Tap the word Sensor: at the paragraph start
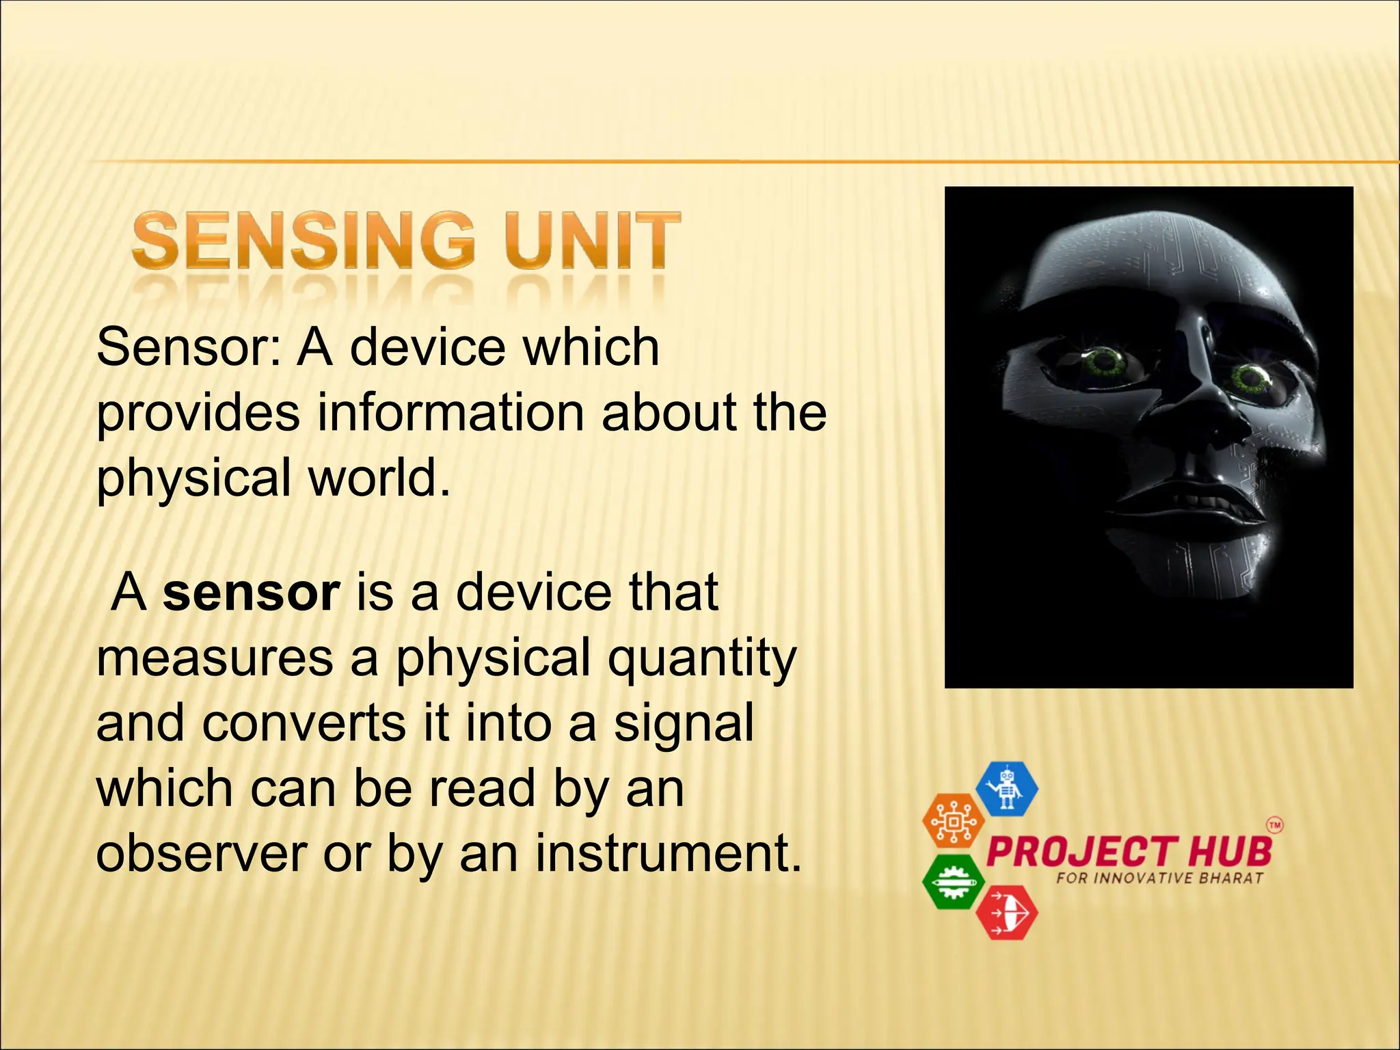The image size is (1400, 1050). [x=189, y=347]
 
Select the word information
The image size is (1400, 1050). [x=450, y=412]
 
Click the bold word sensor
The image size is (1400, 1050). [x=251, y=592]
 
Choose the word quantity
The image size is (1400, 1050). [x=702, y=658]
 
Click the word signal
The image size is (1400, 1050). [x=683, y=723]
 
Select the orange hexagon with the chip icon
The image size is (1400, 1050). [x=953, y=821]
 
